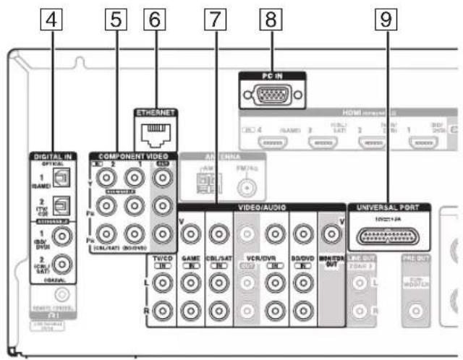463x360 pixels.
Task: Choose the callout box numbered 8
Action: click(x=271, y=22)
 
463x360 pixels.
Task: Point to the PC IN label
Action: click(x=271, y=75)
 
